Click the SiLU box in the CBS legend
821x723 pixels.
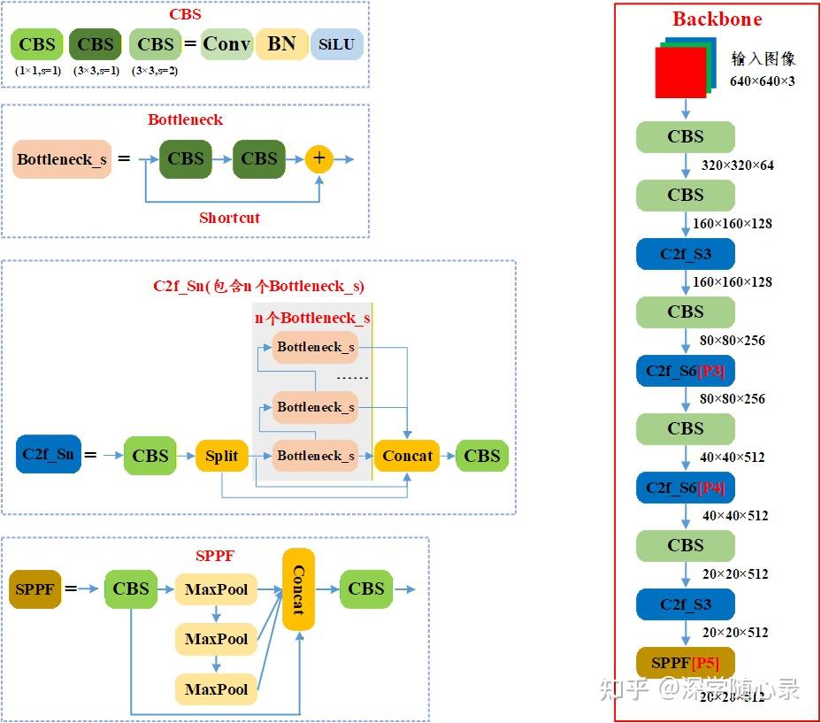pos(336,44)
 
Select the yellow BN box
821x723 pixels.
pos(281,43)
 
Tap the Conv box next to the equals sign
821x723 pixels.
pos(226,43)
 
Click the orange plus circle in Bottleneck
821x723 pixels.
pos(319,159)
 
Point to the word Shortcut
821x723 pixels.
pos(229,218)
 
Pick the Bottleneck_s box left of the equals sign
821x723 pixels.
pos(62,159)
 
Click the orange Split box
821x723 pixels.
pos(221,456)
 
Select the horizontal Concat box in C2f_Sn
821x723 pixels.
pos(407,456)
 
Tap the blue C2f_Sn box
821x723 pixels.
pos(49,454)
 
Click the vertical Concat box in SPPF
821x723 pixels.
pos(298,589)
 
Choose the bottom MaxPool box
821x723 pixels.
pos(216,688)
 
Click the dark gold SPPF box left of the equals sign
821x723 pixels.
pos(35,588)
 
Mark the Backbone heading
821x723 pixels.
pos(717,19)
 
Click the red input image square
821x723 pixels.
pos(680,73)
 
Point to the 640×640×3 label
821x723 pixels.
pos(762,81)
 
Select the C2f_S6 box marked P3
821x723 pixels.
pos(686,371)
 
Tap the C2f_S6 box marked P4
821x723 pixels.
pos(686,488)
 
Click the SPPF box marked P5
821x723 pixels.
pos(686,663)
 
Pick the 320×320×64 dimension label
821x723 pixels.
pos(738,165)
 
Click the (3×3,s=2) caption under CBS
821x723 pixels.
pos(155,71)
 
